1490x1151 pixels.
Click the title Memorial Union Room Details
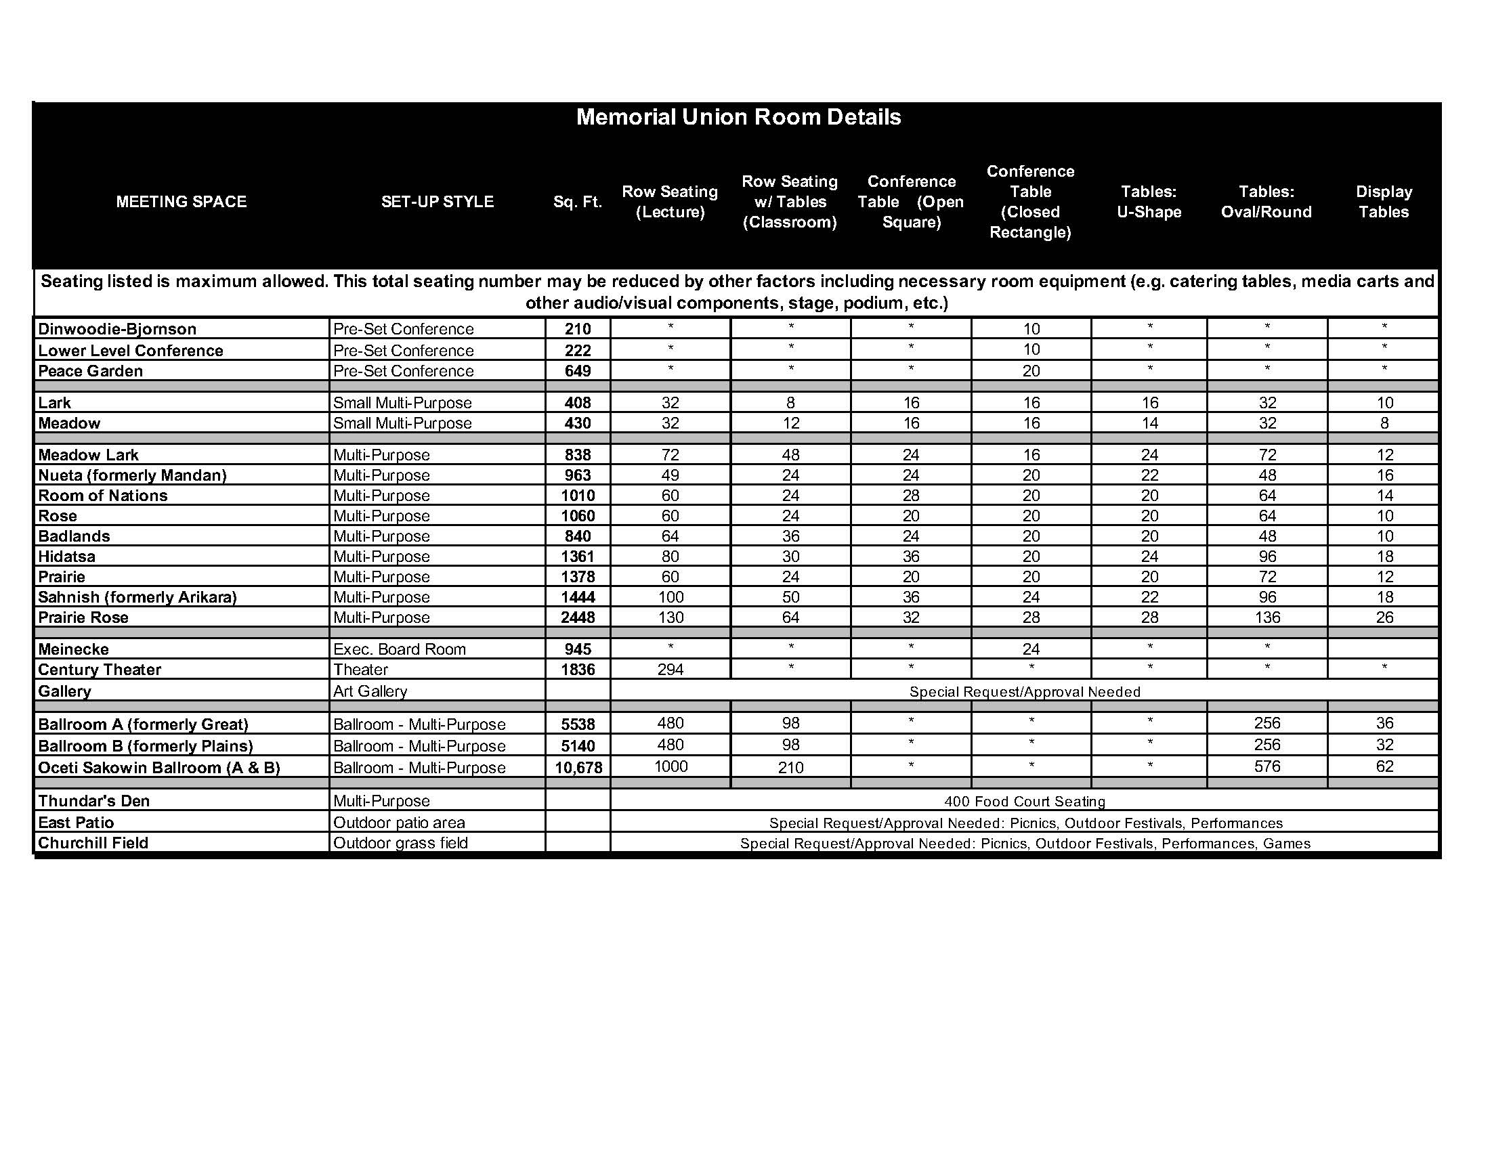[738, 117]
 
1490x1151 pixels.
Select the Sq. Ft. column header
[577, 202]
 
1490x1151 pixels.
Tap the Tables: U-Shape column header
[1149, 202]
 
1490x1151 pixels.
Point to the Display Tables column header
[1384, 202]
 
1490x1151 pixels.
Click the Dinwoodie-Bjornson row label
[117, 329]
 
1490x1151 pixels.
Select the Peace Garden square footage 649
[577, 371]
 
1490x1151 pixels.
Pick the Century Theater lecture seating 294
[670, 670]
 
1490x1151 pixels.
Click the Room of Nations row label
[103, 496]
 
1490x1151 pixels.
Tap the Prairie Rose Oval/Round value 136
[1267, 617]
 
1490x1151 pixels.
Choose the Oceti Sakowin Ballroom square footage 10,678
[578, 768]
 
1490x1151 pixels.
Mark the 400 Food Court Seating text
[1025, 802]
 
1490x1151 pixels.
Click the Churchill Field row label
[93, 843]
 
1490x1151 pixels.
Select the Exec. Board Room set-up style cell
[399, 649]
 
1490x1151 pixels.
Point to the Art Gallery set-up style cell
[370, 691]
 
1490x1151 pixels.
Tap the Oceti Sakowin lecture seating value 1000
[670, 766]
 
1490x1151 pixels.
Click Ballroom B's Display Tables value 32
[1384, 745]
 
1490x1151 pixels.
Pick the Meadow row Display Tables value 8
[1384, 423]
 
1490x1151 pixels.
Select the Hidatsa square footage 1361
[577, 557]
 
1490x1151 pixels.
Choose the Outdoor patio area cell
[399, 823]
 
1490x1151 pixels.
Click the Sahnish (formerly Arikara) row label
[137, 597]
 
